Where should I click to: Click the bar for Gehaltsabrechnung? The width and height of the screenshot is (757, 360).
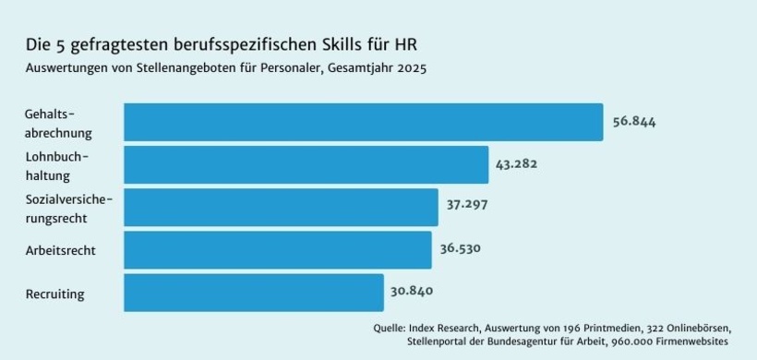tap(363, 122)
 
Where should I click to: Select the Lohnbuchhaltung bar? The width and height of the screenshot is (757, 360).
tap(306, 164)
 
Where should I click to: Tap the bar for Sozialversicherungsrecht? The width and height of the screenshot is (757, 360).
tap(281, 207)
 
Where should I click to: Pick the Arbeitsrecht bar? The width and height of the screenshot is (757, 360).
tap(277, 249)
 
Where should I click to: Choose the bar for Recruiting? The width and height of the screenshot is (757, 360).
tap(253, 292)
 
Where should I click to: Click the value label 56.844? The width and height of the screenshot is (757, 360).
tap(634, 122)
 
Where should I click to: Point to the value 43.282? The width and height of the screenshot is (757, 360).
tap(516, 164)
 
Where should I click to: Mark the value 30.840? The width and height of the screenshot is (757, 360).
tap(412, 291)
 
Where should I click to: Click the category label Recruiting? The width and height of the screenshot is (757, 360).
tap(55, 294)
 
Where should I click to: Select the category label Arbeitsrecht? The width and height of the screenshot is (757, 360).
tap(61, 250)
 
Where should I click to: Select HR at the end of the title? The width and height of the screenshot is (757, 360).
tap(418, 45)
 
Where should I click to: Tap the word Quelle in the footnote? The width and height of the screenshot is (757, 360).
tap(391, 328)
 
